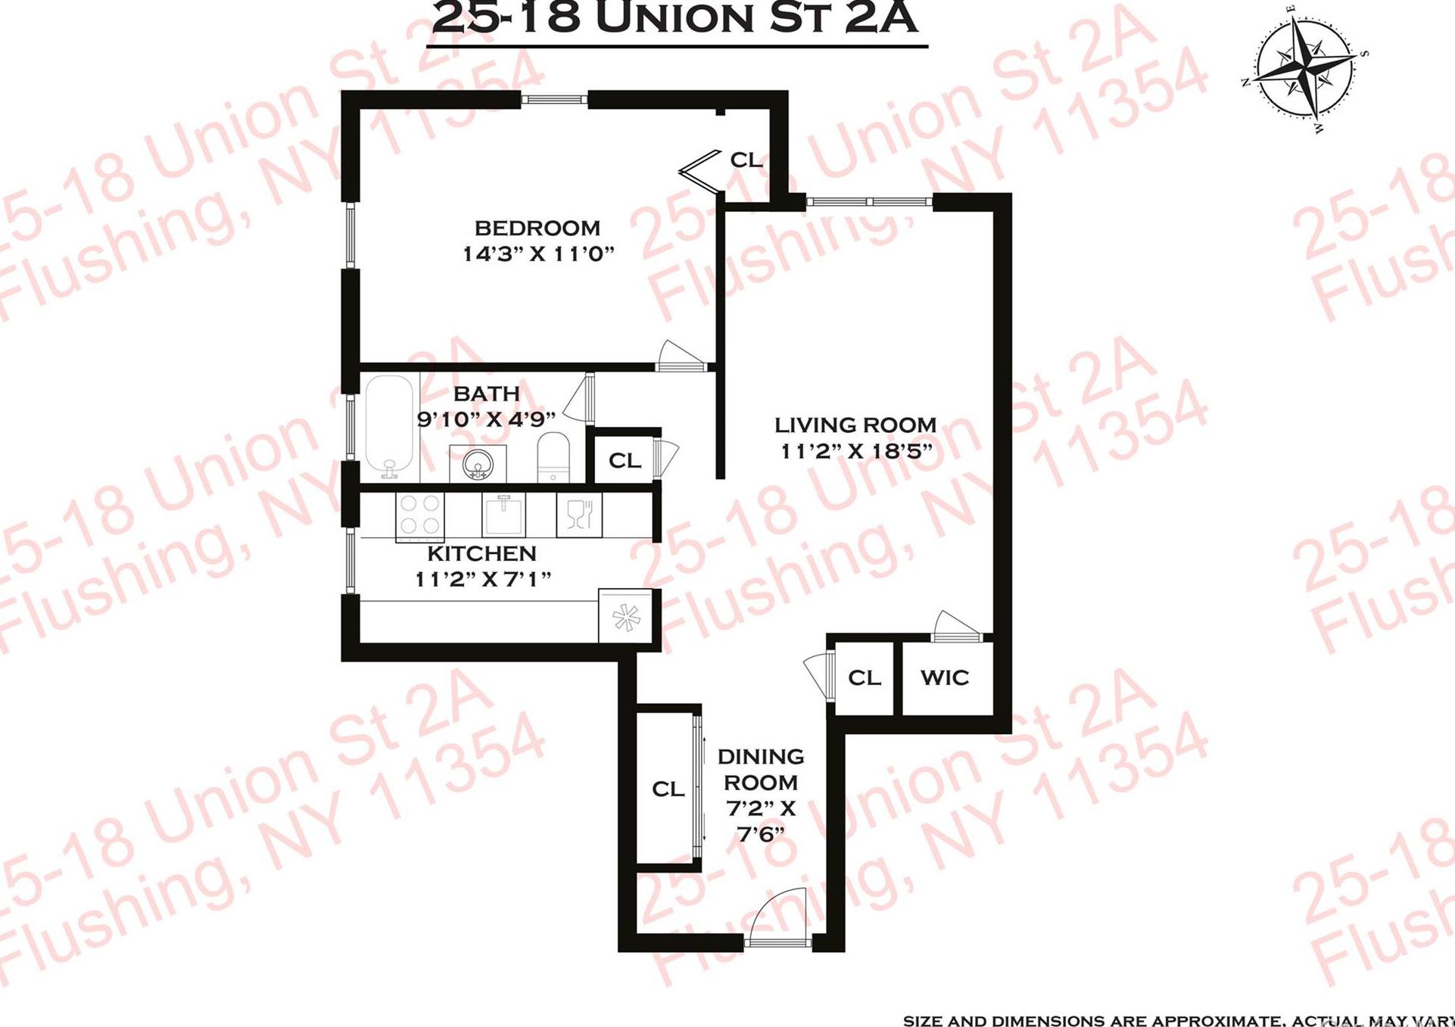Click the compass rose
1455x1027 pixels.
pyautogui.click(x=1304, y=69)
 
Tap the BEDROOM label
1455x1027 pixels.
pyautogui.click(x=537, y=228)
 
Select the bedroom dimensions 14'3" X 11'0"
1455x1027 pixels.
pyautogui.click(x=537, y=254)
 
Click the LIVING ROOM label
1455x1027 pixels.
pyautogui.click(x=855, y=425)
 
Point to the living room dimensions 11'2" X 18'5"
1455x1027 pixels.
pyautogui.click(x=855, y=451)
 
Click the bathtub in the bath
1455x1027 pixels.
pyautogui.click(x=389, y=426)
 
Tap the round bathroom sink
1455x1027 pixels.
pyautogui.click(x=478, y=463)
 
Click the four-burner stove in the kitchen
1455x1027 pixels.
pyautogui.click(x=419, y=515)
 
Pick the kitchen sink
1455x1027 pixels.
pyautogui.click(x=503, y=514)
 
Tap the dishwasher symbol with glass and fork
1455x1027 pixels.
pyautogui.click(x=579, y=515)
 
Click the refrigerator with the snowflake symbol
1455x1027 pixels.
pyautogui.click(x=625, y=616)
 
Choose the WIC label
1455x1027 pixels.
pyautogui.click(x=944, y=677)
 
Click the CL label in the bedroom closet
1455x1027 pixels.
pyautogui.click(x=746, y=160)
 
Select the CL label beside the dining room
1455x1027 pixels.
pyautogui.click(x=668, y=789)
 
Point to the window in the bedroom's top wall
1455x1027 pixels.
pyautogui.click(x=554, y=99)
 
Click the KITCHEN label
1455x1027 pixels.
pyautogui.click(x=481, y=553)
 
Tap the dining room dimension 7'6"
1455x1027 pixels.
pyautogui.click(x=760, y=834)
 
